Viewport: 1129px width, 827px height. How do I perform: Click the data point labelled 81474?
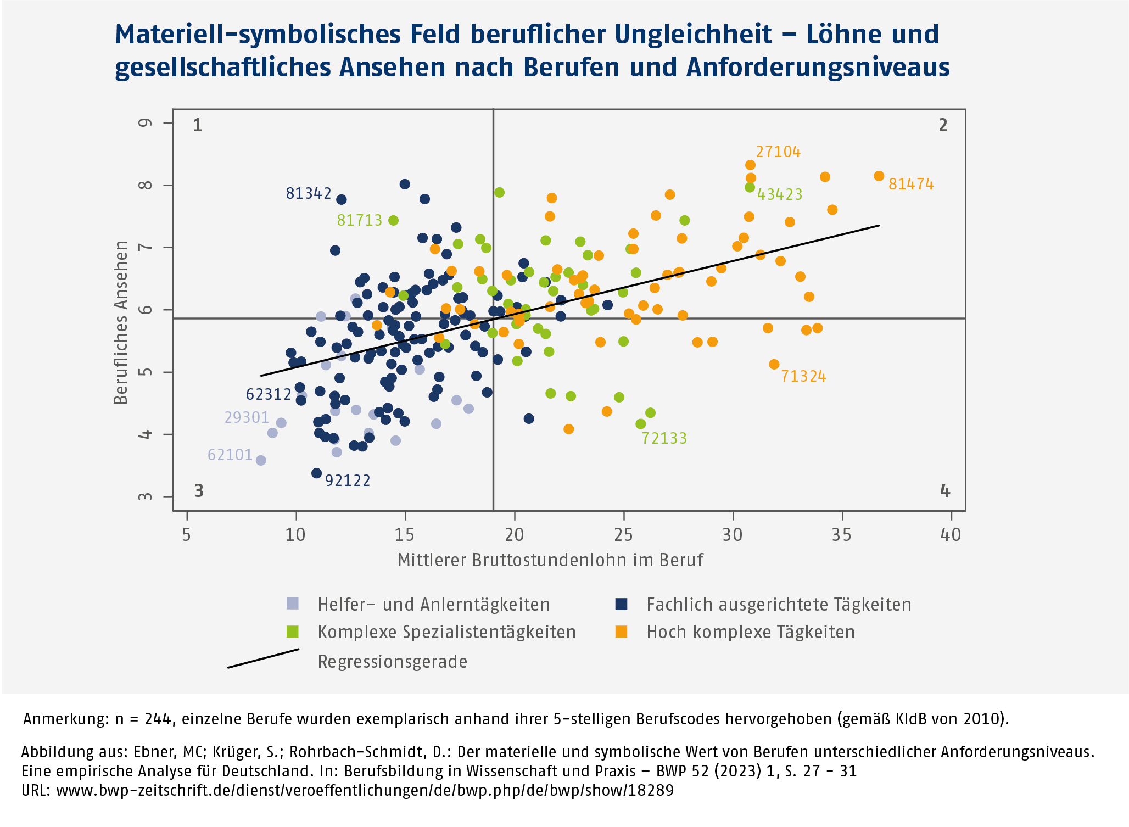tap(879, 176)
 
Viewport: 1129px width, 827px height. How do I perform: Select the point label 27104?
tap(778, 152)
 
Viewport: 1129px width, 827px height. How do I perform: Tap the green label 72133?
tap(664, 438)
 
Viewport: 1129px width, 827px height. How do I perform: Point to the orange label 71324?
tap(803, 377)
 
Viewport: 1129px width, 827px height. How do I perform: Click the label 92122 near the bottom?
tap(348, 481)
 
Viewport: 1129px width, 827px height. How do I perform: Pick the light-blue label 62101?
tap(230, 455)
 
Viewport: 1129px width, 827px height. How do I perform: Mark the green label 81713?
tap(359, 221)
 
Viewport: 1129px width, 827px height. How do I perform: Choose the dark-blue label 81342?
tap(309, 194)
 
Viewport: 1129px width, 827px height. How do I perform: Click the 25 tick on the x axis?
tap(623, 534)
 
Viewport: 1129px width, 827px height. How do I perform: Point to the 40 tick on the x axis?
tap(951, 534)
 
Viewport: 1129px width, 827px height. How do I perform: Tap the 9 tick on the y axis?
tap(146, 122)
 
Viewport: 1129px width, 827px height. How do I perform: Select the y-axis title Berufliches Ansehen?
tap(121, 322)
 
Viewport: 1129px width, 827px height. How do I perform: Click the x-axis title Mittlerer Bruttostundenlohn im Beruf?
tap(550, 560)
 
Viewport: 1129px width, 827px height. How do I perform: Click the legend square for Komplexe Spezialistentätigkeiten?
tap(293, 632)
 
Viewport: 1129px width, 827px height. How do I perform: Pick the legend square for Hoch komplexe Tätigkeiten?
tap(621, 632)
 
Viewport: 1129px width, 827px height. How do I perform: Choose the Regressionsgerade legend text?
tap(392, 662)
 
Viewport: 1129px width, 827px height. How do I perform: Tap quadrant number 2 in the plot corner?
tap(943, 126)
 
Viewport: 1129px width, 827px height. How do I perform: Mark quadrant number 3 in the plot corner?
tap(199, 491)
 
